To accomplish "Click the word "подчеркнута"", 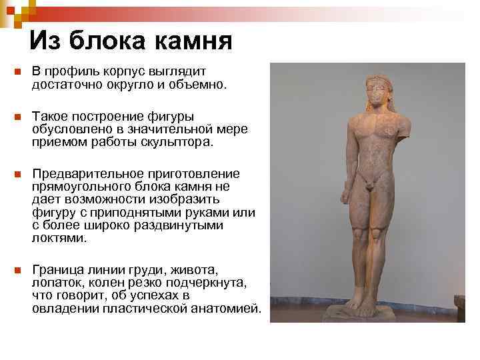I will click(x=211, y=283).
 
